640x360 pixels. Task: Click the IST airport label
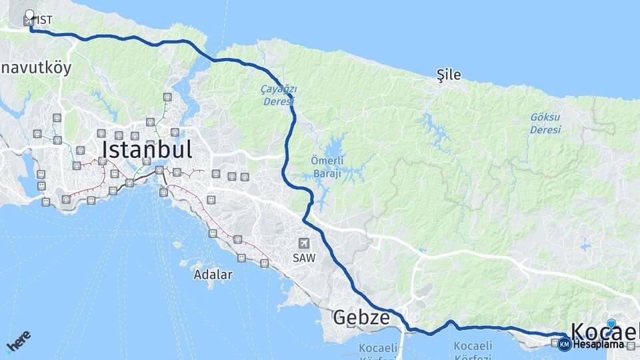(45, 20)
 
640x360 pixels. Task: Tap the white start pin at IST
(29, 15)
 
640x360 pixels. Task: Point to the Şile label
(448, 75)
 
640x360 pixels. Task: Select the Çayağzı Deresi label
(279, 95)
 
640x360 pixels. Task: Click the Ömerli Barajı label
(326, 167)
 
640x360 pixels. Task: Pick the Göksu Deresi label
(545, 123)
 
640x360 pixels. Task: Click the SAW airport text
(304, 257)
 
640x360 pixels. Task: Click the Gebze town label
(361, 317)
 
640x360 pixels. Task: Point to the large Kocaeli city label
(603, 331)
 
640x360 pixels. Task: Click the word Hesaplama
(598, 344)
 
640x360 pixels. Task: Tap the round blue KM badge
(565, 344)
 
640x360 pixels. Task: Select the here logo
(18, 341)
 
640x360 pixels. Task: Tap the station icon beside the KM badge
(555, 343)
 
